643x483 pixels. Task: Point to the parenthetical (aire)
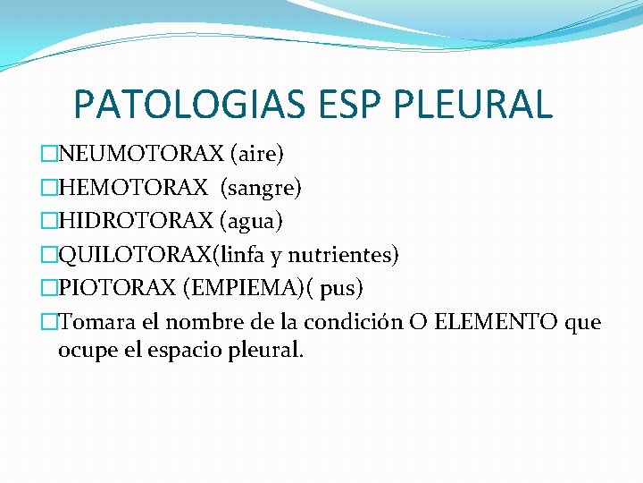[x=257, y=155]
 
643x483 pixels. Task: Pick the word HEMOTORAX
[x=135, y=188]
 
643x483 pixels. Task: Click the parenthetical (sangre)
[x=261, y=188]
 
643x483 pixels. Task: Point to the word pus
[x=344, y=290]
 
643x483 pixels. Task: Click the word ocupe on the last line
[x=86, y=351]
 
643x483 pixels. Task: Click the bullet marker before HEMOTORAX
[x=49, y=188]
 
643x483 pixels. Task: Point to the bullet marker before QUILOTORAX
[x=49, y=256]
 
